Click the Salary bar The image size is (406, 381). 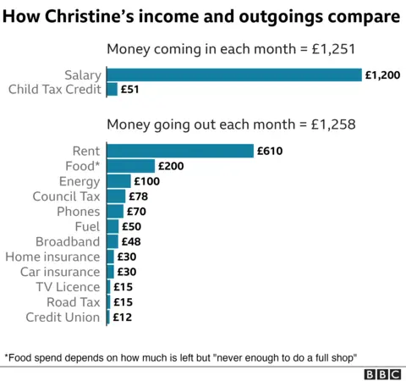tap(233, 75)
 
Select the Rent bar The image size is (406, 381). tap(179, 151)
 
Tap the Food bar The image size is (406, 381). tap(130, 166)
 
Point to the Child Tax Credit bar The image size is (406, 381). tap(112, 89)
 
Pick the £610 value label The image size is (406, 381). tap(270, 152)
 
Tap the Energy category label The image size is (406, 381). tap(80, 181)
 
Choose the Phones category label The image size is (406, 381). tap(78, 212)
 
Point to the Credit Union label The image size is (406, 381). tap(63, 317)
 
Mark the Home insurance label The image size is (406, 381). tap(52, 257)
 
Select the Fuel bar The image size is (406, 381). tap(112, 227)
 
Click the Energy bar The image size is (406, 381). tap(118, 181)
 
